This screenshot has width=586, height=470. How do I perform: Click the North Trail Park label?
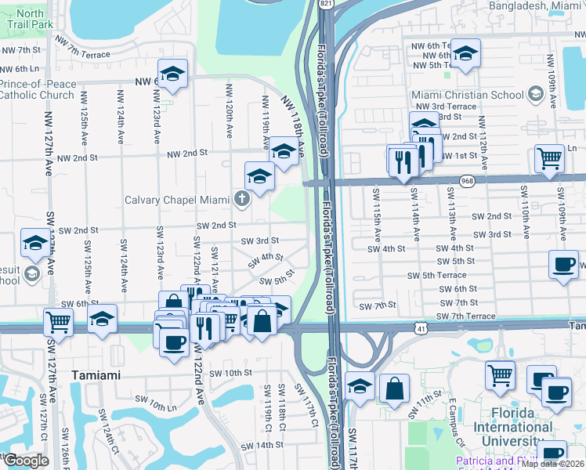pos(31,19)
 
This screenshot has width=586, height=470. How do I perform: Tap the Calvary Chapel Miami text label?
pos(179,199)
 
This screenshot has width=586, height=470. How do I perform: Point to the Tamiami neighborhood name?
pos(96,375)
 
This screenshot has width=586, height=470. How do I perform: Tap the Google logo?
pos(26,461)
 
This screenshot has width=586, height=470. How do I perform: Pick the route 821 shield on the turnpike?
pos(324,4)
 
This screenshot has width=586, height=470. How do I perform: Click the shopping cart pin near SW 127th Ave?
pos(58,320)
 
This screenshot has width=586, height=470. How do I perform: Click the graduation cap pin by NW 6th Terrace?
pos(465,53)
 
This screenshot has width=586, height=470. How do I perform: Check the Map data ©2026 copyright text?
pos(552,464)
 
